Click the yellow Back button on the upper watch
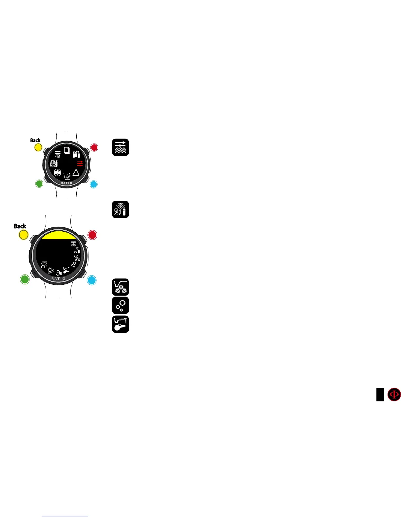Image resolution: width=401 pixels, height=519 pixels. pyautogui.click(x=38, y=147)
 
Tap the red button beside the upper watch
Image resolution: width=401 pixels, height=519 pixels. pyautogui.click(x=94, y=147)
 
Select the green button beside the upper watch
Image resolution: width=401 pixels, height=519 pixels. pyautogui.click(x=39, y=183)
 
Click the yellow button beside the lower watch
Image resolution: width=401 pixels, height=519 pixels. pyautogui.click(x=24, y=235)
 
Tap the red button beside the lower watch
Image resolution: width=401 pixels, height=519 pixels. pyautogui.click(x=92, y=235)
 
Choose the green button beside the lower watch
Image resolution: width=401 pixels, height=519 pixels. pyautogui.click(x=25, y=279)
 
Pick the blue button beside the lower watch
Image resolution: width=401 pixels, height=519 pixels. pyautogui.click(x=92, y=280)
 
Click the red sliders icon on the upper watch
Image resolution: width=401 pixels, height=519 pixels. pyautogui.click(x=80, y=163)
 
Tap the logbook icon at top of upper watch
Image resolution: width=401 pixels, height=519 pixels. pyautogui.click(x=67, y=150)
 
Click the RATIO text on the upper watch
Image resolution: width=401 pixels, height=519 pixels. pyautogui.click(x=67, y=183)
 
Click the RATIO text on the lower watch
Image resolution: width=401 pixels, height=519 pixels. pyautogui.click(x=58, y=279)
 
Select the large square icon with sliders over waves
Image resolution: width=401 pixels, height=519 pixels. pyautogui.click(x=121, y=147)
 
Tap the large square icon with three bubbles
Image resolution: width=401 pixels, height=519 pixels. pyautogui.click(x=121, y=305)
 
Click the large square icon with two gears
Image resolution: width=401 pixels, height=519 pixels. pyautogui.click(x=121, y=287)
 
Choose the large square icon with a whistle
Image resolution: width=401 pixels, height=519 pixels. pyautogui.click(x=121, y=324)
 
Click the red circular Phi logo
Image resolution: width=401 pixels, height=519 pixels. pyautogui.click(x=394, y=394)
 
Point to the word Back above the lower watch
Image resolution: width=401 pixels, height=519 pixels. pyautogui.click(x=20, y=226)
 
